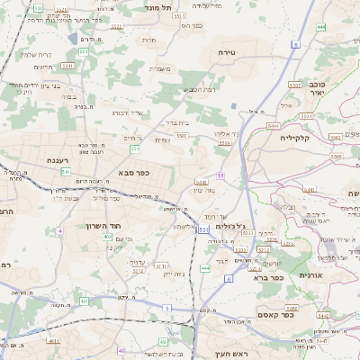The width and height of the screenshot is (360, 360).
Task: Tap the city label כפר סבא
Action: [x=132, y=171]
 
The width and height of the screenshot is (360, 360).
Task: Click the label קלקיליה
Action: [x=294, y=138]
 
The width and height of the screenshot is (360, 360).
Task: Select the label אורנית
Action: [x=310, y=274]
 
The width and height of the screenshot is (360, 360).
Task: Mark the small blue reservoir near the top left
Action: [x=71, y=39]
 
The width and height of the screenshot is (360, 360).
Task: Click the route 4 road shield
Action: [x=58, y=231]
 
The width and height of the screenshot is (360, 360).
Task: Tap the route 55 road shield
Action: [x=220, y=175]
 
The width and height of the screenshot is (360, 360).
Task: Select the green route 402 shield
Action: [x=107, y=237]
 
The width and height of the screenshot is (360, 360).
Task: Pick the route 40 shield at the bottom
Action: [x=121, y=351]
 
